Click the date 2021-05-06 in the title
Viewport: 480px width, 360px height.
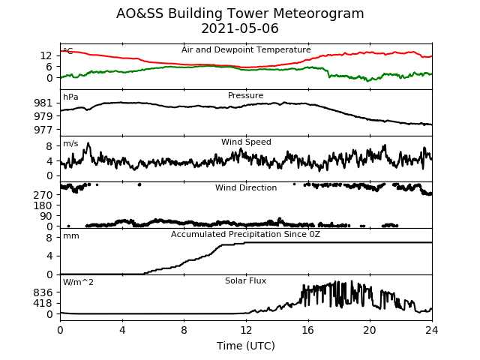coord(240,28)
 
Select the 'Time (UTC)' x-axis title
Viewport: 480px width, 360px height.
coord(246,346)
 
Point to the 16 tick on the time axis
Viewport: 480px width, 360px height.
coord(308,331)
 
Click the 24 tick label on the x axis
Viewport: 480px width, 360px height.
coord(432,331)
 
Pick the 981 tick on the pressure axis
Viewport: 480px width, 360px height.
coord(43,103)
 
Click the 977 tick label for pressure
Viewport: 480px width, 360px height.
coord(43,130)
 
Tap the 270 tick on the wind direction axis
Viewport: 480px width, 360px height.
coord(43,195)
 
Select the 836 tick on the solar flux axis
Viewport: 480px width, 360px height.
coord(43,292)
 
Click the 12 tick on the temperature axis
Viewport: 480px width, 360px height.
coord(46,55)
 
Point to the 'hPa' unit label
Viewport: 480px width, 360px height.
coord(70,97)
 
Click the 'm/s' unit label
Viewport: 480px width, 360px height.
coord(70,143)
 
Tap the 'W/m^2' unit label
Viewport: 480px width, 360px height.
coord(78,282)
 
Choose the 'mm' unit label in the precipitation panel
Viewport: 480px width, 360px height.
coord(71,236)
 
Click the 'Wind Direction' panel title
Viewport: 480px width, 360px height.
coord(246,187)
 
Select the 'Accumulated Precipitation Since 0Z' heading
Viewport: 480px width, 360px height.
coord(245,235)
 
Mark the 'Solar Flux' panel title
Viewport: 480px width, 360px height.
coord(245,280)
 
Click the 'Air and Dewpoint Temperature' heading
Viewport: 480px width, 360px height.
coord(246,49)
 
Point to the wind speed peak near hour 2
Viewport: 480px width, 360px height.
coord(88,143)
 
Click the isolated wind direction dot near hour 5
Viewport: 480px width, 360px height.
coord(139,184)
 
